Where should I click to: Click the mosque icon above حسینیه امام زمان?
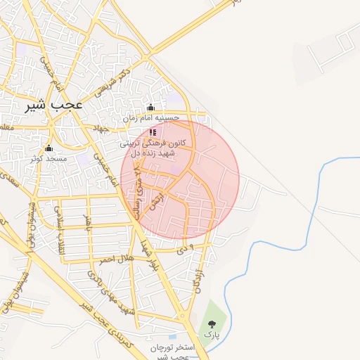(150, 108)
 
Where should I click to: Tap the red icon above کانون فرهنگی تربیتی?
(153, 131)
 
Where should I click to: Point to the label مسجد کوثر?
(49, 159)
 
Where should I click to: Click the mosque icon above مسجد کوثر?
(49, 148)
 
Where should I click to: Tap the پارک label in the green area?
(212, 335)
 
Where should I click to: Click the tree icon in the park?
(212, 324)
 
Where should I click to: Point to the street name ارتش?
(158, 200)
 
